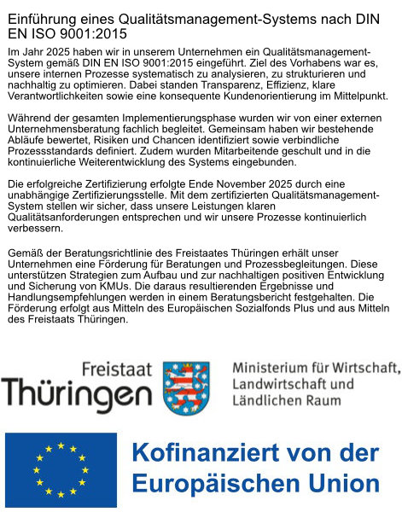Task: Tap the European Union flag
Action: pos(61,468)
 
